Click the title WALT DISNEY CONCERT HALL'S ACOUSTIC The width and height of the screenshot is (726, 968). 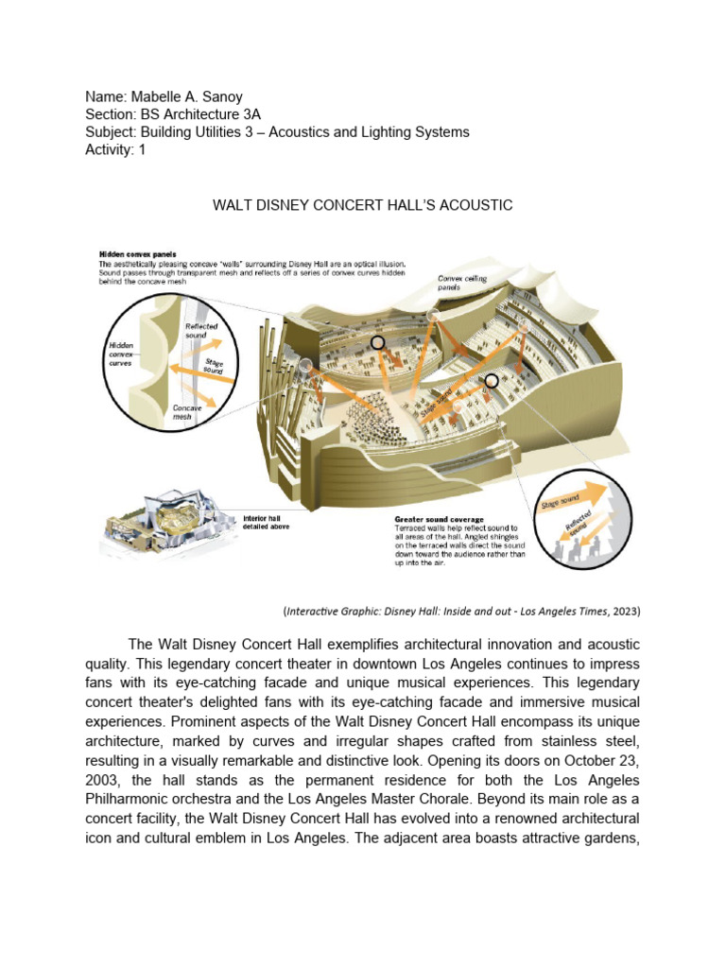pos(362,205)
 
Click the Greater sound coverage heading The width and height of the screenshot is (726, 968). pos(439,520)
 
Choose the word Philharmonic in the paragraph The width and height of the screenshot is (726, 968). pos(134,799)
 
